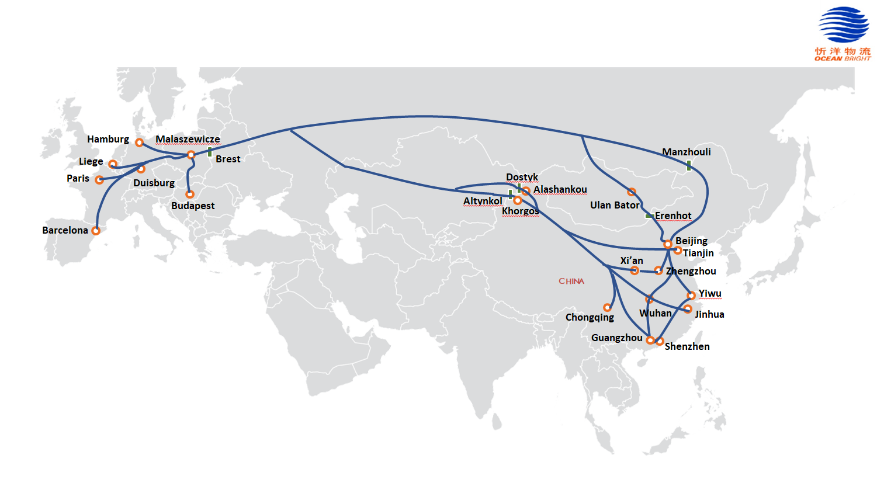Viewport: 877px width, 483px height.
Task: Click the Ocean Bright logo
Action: (842, 33)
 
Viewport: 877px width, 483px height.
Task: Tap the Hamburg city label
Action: (108, 139)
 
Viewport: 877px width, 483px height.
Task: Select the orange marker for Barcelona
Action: (96, 231)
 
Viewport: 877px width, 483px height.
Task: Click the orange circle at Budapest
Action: (190, 194)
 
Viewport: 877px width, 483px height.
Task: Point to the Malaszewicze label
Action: (188, 139)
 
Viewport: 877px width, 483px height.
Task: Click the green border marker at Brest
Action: (210, 152)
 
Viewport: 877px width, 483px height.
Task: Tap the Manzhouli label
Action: (686, 152)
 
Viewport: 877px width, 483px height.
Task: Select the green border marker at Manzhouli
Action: (689, 166)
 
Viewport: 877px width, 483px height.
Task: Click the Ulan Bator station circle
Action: (632, 192)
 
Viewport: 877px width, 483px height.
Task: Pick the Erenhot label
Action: (673, 216)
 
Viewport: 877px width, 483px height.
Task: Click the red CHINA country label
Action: (571, 282)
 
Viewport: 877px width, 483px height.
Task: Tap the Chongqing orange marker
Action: (608, 307)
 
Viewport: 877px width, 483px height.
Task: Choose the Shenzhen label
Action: (687, 346)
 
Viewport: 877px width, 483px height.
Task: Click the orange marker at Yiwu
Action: (691, 296)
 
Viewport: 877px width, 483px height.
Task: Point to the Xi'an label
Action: (632, 260)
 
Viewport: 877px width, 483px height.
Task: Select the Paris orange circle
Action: (99, 180)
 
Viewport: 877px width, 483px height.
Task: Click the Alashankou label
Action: (560, 189)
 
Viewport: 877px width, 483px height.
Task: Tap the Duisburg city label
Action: (154, 183)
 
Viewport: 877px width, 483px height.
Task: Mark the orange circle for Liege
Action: (113, 164)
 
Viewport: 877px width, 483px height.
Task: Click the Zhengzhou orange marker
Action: (658, 270)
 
